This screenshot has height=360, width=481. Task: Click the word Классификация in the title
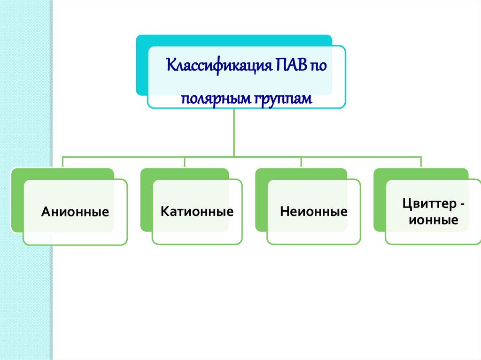(216, 64)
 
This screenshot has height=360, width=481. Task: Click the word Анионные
(75, 212)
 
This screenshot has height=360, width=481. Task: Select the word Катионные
(197, 211)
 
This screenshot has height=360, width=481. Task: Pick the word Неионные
(313, 212)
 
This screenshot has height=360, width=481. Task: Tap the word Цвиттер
(426, 204)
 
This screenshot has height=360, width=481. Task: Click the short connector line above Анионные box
(63, 162)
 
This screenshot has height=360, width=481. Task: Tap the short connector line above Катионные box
(185, 162)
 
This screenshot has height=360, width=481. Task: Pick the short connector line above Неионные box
(302, 162)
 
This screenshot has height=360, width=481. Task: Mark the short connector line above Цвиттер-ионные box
(421, 162)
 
